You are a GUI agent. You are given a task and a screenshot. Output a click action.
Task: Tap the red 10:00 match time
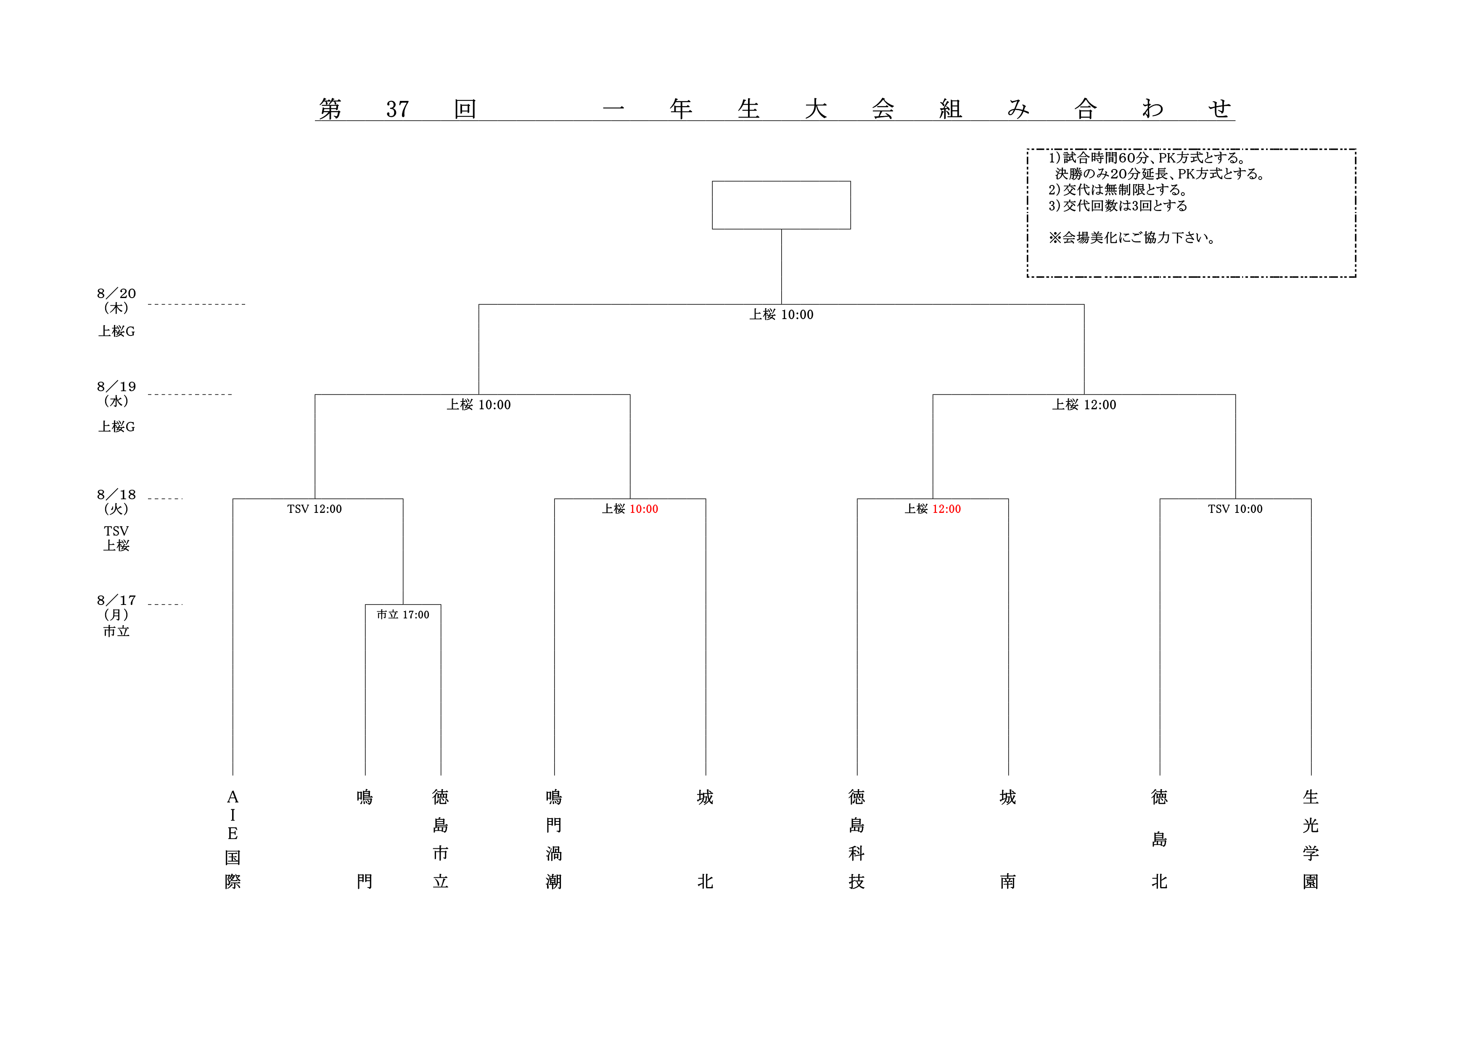click(644, 509)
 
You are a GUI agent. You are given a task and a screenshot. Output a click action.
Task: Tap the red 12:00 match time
click(946, 509)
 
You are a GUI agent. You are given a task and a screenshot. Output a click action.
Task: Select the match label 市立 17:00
click(403, 615)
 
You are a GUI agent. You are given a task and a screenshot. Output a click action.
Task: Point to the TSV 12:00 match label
click(314, 509)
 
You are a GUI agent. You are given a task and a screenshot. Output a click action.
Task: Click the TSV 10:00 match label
click(1235, 509)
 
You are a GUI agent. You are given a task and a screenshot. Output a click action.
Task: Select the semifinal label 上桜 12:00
click(1084, 404)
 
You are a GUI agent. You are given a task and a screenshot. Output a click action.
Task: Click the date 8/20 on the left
click(116, 293)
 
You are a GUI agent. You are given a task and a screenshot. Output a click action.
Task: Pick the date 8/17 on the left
click(116, 600)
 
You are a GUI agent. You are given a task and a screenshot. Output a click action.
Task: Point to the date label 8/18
click(116, 494)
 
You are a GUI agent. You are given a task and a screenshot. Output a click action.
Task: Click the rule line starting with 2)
click(1118, 190)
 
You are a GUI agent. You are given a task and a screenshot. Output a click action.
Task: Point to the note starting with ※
click(1131, 238)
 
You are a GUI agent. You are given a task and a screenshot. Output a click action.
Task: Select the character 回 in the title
click(465, 109)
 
